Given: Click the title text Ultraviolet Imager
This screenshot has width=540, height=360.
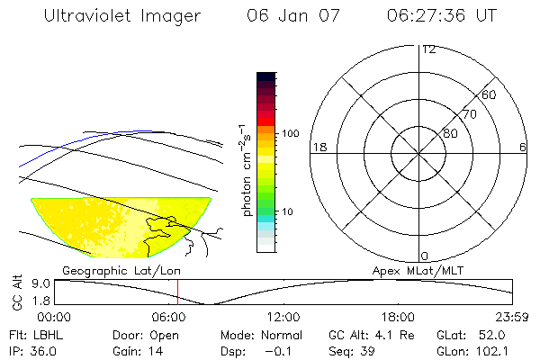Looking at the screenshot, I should click(121, 15).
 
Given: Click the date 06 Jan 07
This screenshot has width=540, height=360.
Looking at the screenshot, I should click(287, 15).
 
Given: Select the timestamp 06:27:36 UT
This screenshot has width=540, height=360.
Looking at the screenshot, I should click(440, 15).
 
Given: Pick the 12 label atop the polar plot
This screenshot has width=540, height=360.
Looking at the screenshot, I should click(428, 49).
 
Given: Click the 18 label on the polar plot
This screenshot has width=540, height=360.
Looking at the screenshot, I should click(318, 147).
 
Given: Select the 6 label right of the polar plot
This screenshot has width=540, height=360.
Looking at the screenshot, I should click(523, 147).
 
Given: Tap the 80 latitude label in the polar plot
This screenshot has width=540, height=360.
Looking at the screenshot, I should click(450, 133).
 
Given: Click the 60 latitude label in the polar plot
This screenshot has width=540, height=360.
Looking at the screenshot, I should click(489, 94).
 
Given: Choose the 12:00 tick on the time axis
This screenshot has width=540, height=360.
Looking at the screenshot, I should click(283, 317).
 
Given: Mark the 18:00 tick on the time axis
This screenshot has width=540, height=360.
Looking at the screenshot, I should click(398, 317).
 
